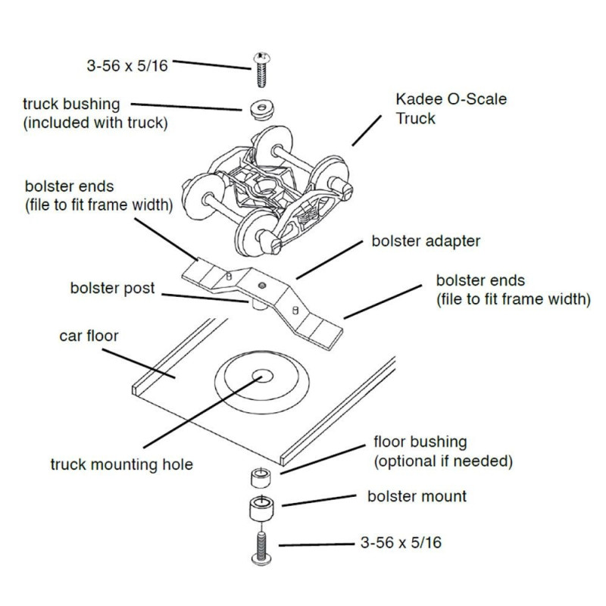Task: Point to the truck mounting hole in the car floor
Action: [x=262, y=376]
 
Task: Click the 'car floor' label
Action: [x=89, y=335]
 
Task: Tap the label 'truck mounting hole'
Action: [x=121, y=464]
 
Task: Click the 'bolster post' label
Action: [x=112, y=289]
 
